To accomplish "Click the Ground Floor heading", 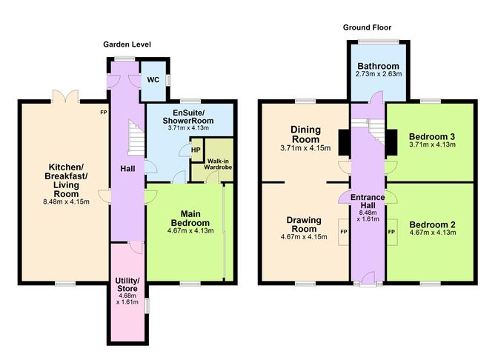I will pos(365,27).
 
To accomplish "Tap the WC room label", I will pos(153,79).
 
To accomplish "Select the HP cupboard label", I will pos(196,150).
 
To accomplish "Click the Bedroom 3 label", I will pos(430,136).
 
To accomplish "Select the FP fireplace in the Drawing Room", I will pos(343,231).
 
